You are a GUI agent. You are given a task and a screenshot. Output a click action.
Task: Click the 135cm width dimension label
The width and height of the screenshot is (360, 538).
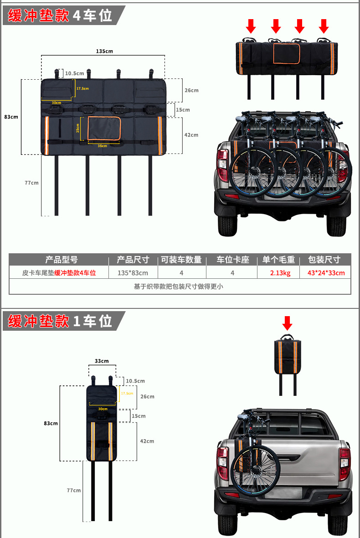click(104, 51)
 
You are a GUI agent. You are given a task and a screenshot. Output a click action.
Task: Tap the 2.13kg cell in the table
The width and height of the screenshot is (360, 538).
click(280, 273)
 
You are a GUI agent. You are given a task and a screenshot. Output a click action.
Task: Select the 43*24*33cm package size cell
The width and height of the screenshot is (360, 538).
click(326, 273)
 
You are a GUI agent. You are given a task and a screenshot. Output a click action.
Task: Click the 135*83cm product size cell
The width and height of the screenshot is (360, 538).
click(133, 273)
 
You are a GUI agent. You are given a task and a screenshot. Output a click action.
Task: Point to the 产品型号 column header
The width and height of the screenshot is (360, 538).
click(62, 260)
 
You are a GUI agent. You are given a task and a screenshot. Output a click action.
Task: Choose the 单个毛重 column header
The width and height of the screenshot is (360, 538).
click(278, 260)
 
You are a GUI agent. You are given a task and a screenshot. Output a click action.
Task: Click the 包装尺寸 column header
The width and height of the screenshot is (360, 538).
click(324, 260)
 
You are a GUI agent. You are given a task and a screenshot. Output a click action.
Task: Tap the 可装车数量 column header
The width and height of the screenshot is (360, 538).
click(181, 260)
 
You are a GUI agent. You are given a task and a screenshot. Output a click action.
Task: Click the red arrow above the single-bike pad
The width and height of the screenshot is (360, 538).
click(287, 323)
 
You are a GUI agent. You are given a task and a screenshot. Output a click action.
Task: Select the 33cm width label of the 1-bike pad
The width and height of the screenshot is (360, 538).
click(102, 361)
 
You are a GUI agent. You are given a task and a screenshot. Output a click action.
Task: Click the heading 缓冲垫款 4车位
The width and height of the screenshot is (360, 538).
click(60, 15)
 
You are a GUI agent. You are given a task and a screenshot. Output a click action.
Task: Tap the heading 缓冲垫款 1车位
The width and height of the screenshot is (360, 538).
click(60, 321)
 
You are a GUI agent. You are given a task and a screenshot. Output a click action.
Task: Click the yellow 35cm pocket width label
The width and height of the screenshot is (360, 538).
click(102, 146)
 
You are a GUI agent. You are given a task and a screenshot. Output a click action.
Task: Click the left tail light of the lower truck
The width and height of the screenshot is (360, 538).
click(222, 463)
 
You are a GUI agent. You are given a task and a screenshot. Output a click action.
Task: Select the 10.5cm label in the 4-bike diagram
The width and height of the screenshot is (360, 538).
click(74, 73)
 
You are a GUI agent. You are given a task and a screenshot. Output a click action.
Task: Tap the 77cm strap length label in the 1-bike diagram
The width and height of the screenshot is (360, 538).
click(73, 490)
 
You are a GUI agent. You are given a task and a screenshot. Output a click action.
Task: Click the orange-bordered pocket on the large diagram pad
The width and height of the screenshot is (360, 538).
click(104, 128)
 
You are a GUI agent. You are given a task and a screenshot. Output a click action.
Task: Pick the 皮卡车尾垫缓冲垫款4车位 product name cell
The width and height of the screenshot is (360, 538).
click(59, 273)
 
